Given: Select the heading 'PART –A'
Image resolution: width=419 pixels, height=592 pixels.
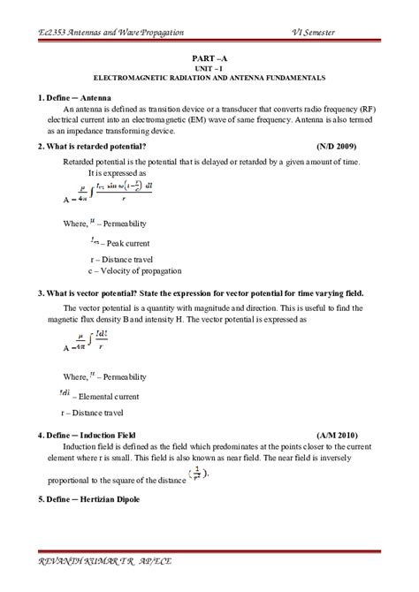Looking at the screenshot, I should coord(209,56).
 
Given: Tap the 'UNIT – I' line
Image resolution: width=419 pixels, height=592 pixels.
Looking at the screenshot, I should coord(209,66).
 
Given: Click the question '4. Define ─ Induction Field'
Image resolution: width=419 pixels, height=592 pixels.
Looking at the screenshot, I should coord(89,436).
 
